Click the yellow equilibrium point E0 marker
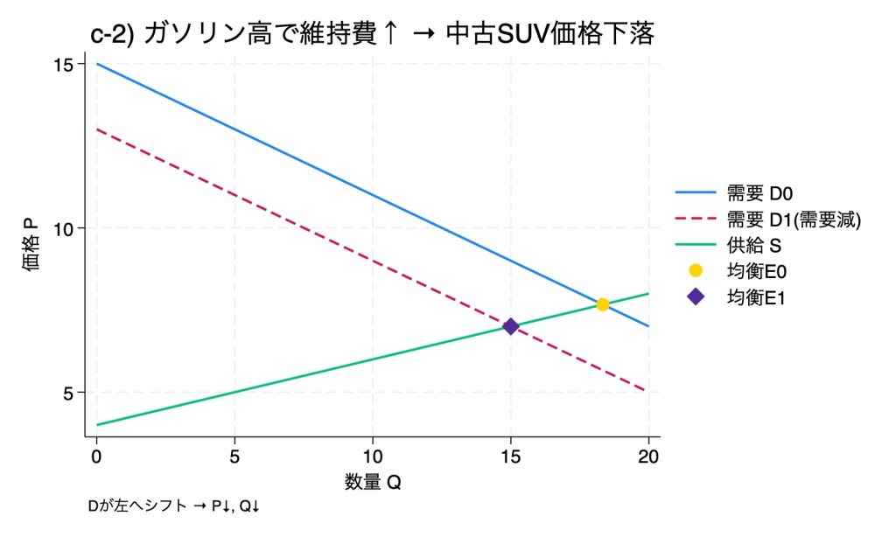602,304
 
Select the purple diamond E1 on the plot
510,326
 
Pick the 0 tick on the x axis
96,456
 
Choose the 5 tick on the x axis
234,456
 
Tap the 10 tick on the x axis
373,456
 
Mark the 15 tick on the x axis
510,456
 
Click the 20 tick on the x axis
648,456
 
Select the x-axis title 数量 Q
372,481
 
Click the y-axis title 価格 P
31,245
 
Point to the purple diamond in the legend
696,297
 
